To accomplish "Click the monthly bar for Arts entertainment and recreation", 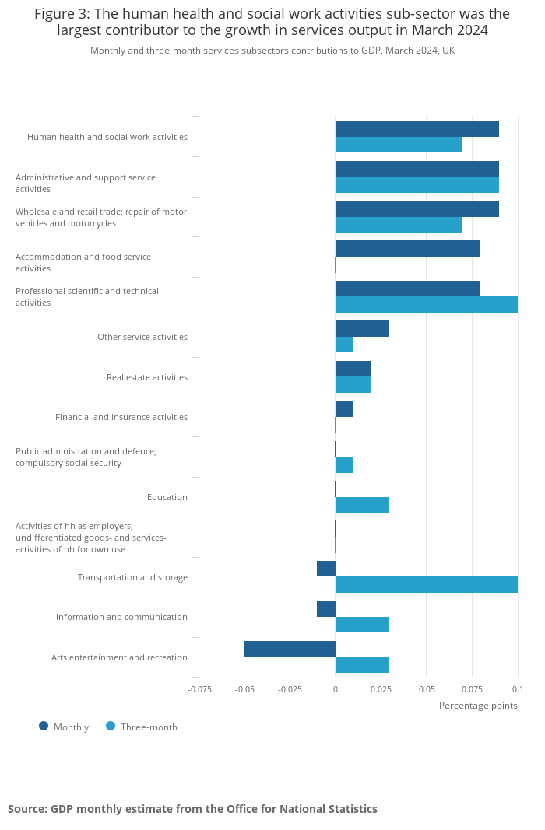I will (290, 649).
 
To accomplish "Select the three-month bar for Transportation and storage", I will (426, 585).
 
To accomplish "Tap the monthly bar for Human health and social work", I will (417, 129).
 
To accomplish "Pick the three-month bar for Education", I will (362, 505).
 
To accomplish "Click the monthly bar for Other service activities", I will (362, 329).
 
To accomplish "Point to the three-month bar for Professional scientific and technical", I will (426, 304).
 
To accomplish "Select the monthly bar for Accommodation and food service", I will (407, 249).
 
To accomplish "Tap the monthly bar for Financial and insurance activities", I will (344, 409).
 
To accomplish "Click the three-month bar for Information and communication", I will (362, 625).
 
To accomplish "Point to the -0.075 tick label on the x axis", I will (199, 689).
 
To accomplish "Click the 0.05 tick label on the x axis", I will (427, 689).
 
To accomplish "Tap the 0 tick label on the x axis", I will (336, 689).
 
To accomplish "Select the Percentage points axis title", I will (478, 706).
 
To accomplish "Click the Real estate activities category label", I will (146, 377).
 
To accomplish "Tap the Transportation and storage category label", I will (132, 577).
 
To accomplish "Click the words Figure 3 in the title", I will (61, 14).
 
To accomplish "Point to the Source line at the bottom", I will (192, 809).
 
